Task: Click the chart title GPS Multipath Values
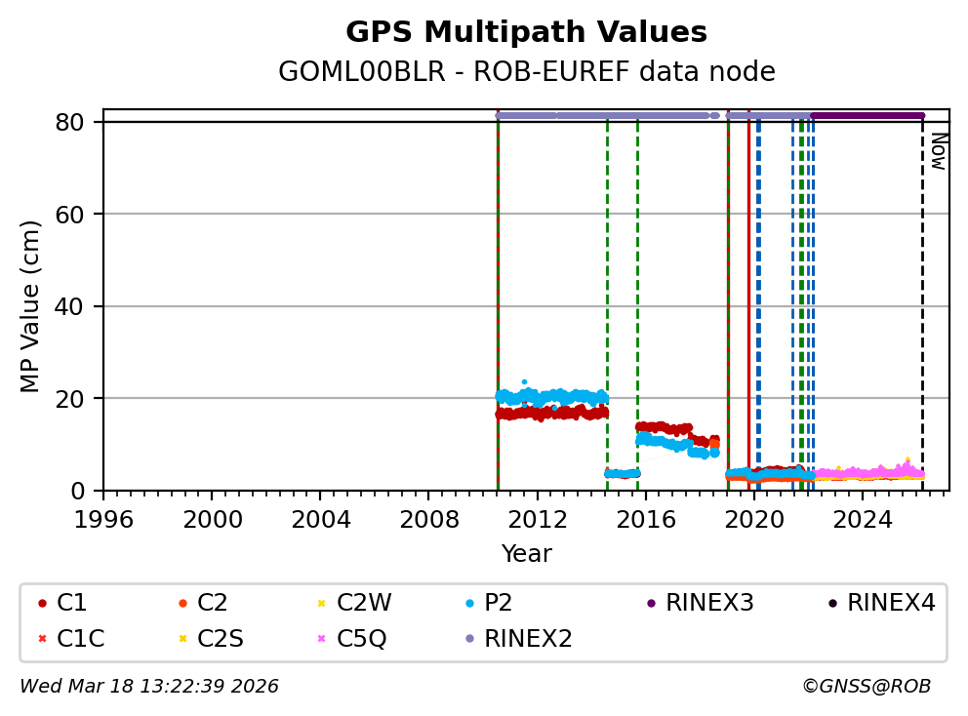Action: (526, 32)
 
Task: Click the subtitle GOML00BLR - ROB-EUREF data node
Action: (526, 72)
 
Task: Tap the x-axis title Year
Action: (526, 554)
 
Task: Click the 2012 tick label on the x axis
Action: (538, 518)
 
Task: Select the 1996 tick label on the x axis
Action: (104, 518)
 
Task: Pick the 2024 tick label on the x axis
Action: (863, 518)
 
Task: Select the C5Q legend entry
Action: (361, 639)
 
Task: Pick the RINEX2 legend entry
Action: (527, 639)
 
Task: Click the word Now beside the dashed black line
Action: (938, 151)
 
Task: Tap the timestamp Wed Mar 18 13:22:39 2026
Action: (149, 687)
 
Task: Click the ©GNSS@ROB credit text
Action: (867, 687)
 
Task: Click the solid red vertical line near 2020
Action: (748, 293)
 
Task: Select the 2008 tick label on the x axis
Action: (429, 518)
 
